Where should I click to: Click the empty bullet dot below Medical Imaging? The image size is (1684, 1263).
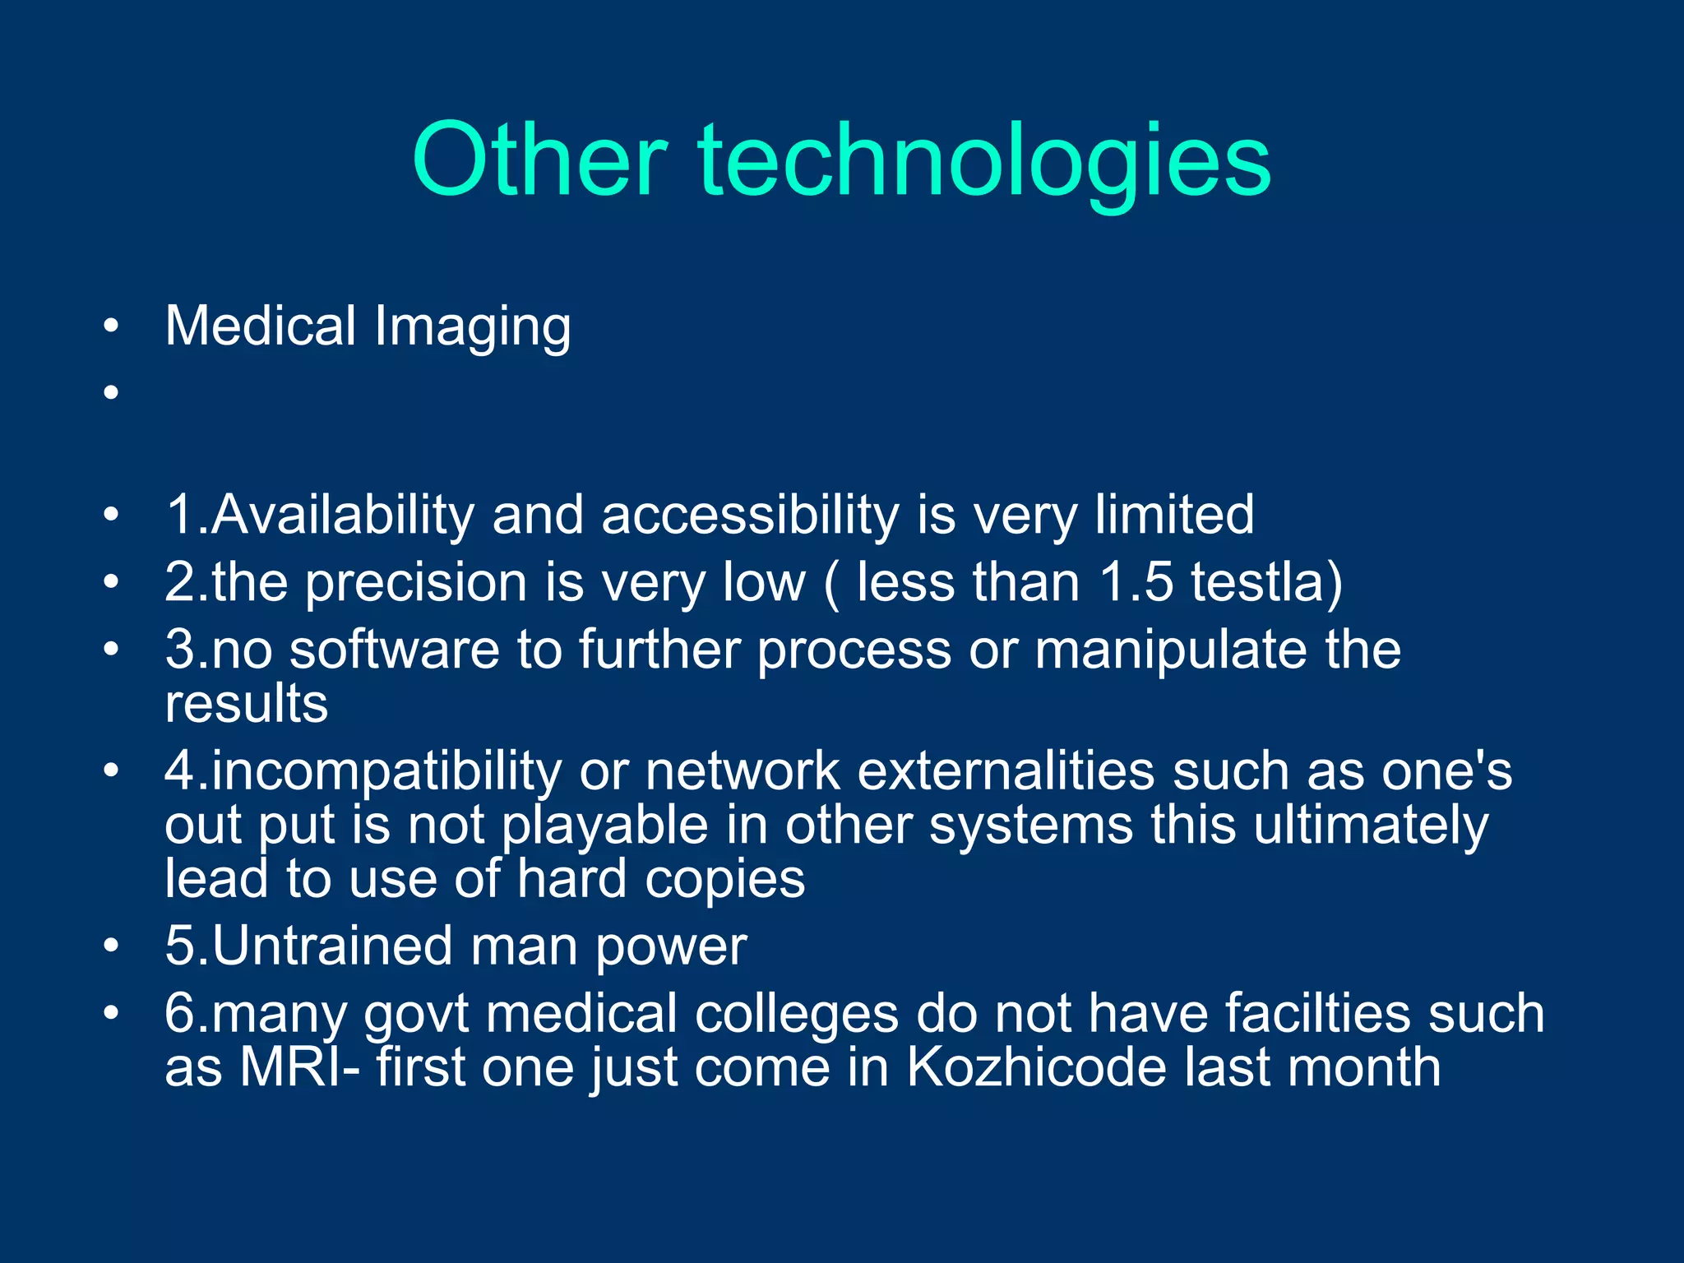pos(111,392)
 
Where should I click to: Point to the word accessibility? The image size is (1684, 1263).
pos(750,516)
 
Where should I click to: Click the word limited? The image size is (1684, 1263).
pos(1173,515)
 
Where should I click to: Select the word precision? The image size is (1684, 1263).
pos(416,584)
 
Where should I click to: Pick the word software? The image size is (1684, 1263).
pos(394,650)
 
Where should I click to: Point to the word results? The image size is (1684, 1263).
pos(246,704)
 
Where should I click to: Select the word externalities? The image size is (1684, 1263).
pos(1006,771)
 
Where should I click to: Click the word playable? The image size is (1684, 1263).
pos(604,826)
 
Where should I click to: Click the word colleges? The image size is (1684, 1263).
pos(796,1015)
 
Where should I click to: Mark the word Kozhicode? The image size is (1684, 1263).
pos(1036,1067)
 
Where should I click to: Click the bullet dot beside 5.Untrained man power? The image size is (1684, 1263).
pos(111,946)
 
